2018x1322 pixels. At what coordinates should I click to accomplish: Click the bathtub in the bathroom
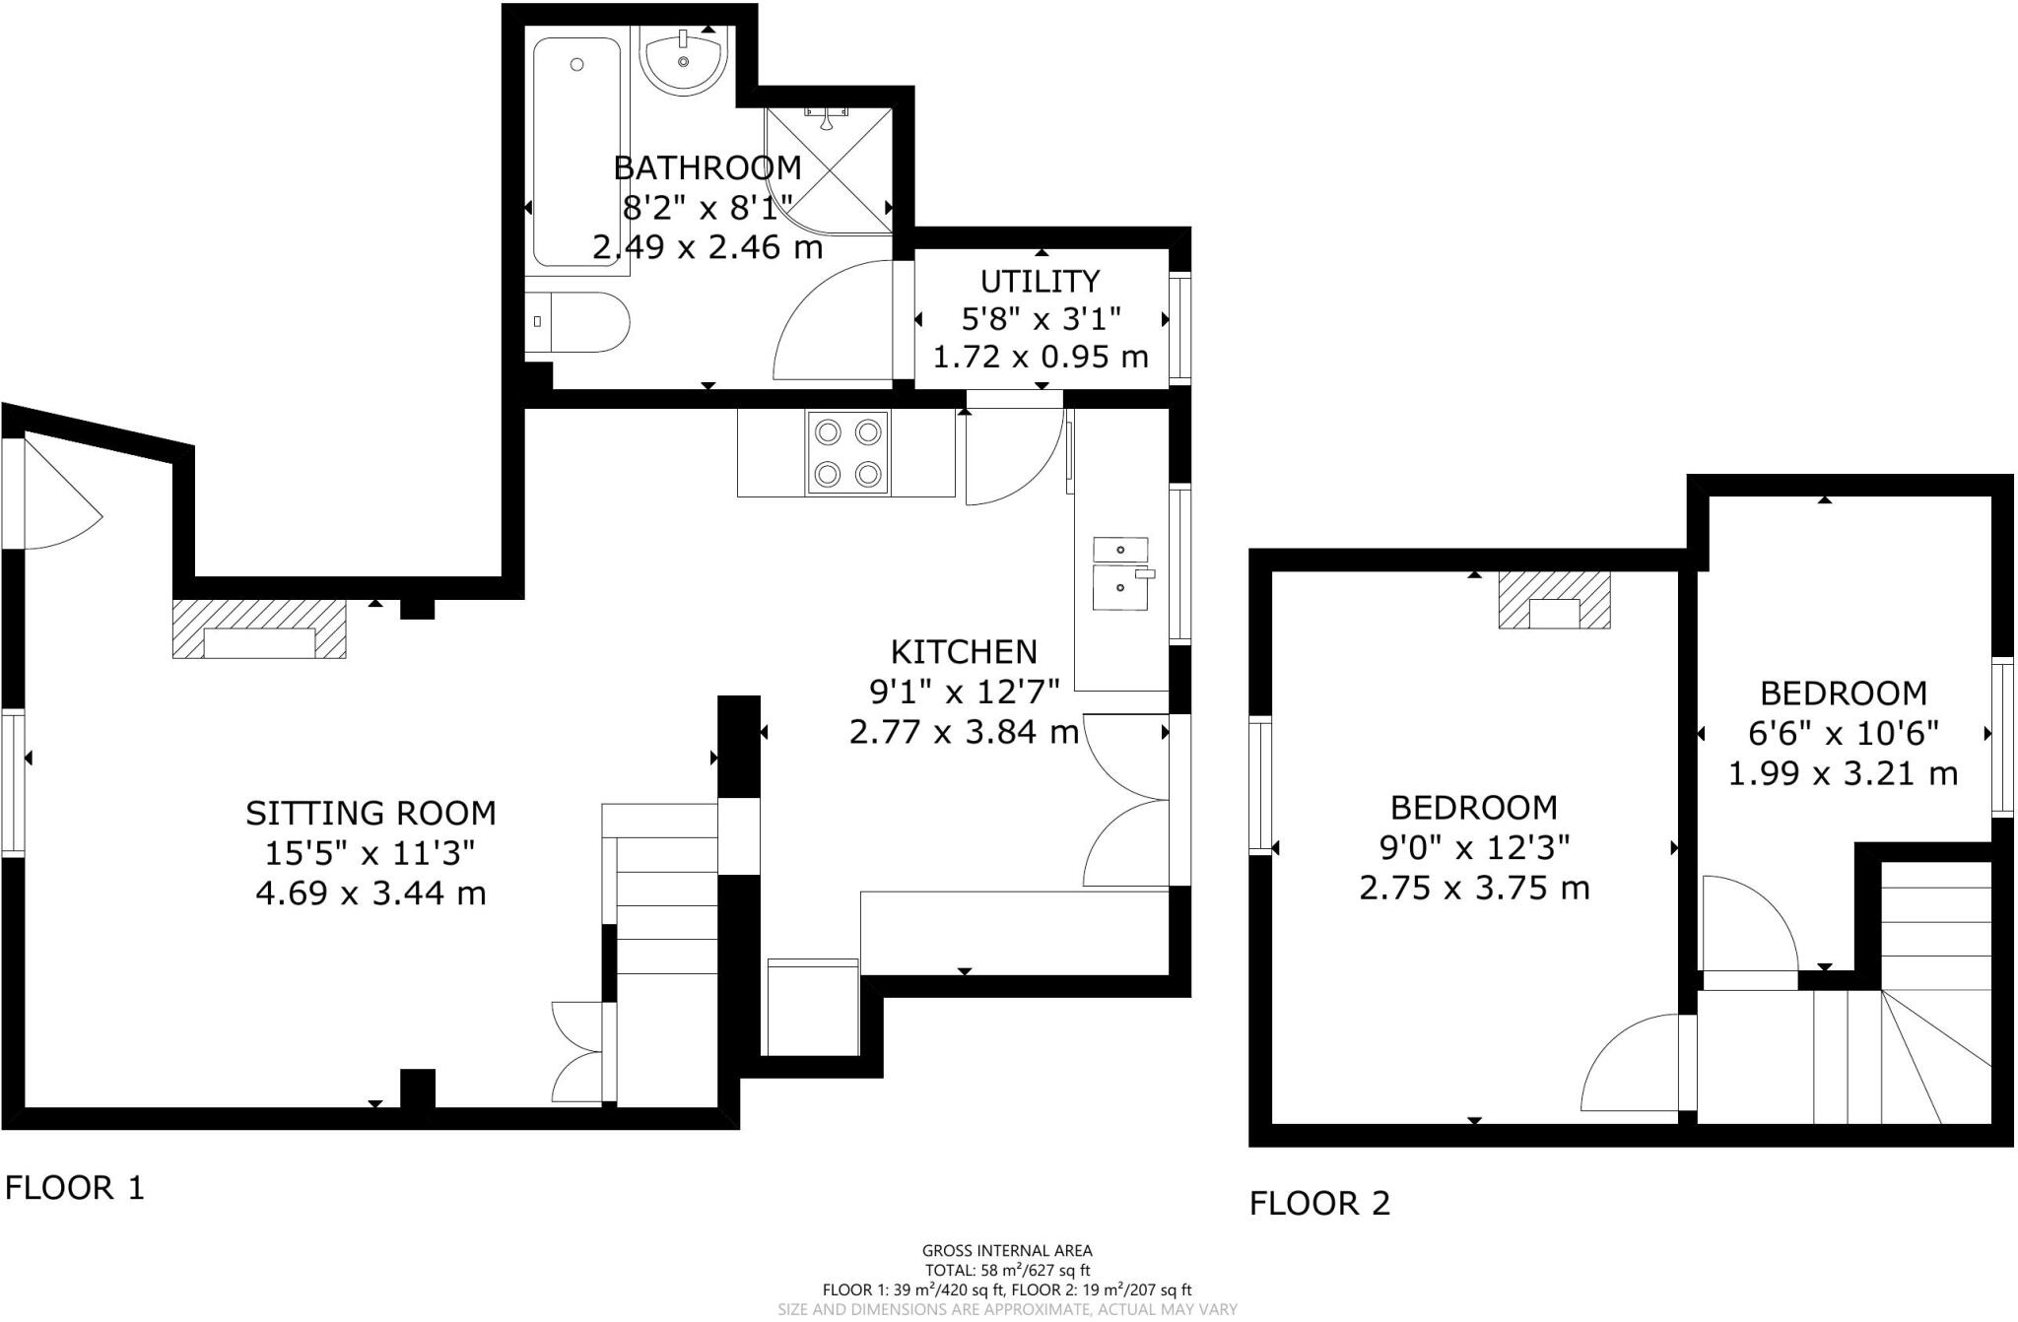576,153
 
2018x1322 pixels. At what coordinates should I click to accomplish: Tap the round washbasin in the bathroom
683,59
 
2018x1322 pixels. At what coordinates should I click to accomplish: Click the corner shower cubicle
829,170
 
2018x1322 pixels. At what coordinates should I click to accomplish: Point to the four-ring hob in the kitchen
847,453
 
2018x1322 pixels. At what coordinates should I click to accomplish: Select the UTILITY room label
1040,282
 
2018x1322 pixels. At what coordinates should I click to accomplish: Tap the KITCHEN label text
964,652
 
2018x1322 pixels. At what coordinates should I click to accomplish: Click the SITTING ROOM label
370,814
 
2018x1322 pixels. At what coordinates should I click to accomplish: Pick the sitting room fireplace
259,630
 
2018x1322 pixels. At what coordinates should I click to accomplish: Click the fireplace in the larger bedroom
1554,600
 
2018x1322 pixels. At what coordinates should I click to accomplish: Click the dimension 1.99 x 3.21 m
1843,774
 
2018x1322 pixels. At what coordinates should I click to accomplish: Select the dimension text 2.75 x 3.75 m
1474,889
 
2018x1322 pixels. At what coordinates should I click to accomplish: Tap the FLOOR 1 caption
75,1188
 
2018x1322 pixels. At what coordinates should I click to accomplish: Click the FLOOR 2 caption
1319,1204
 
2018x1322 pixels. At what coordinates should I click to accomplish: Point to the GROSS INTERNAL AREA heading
1007,1251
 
